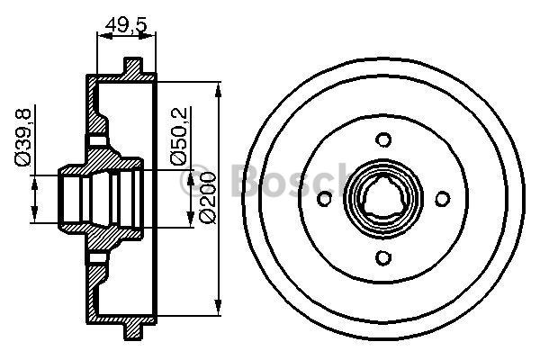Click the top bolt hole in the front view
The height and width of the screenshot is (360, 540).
click(384, 139)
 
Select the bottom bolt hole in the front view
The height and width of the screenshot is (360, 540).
click(384, 258)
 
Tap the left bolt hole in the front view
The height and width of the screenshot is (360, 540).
click(325, 199)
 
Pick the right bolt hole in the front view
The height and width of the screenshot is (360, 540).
click(443, 199)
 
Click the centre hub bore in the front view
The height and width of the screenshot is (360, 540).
click(384, 199)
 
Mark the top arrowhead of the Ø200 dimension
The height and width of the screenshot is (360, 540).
click(219, 90)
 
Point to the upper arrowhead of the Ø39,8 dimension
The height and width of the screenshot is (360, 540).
click(34, 183)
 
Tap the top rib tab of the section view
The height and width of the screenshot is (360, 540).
click(133, 68)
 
